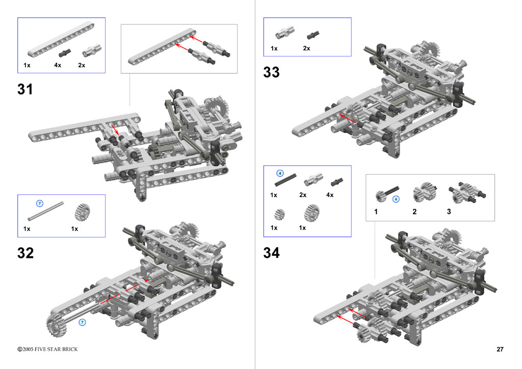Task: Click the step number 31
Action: (25, 89)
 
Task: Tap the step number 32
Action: (25, 253)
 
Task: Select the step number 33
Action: (271, 72)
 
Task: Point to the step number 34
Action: (271, 253)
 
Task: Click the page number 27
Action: (500, 349)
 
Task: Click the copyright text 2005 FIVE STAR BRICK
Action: (47, 349)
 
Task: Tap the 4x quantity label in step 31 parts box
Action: (58, 65)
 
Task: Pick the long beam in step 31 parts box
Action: (61, 40)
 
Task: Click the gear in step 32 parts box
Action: (81, 212)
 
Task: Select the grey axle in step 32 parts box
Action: (45, 210)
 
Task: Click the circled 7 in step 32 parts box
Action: (40, 203)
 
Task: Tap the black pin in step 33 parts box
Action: (314, 35)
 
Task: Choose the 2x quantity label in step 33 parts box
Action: (306, 48)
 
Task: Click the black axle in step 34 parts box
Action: (285, 180)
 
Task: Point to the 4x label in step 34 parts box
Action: (330, 195)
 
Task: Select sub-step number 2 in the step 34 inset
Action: (414, 212)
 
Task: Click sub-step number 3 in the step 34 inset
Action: (449, 212)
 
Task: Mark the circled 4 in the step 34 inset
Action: (396, 199)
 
